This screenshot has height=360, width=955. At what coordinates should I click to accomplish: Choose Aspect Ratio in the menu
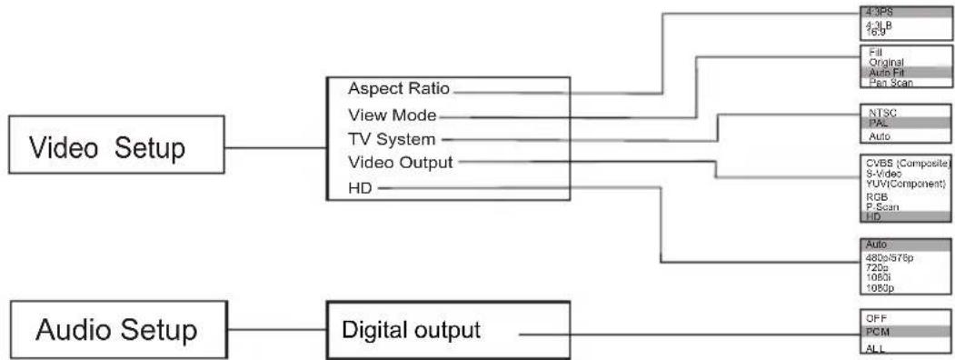400,89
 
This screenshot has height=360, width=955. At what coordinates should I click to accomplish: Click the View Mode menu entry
393,115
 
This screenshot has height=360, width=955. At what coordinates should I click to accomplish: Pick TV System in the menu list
391,139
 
